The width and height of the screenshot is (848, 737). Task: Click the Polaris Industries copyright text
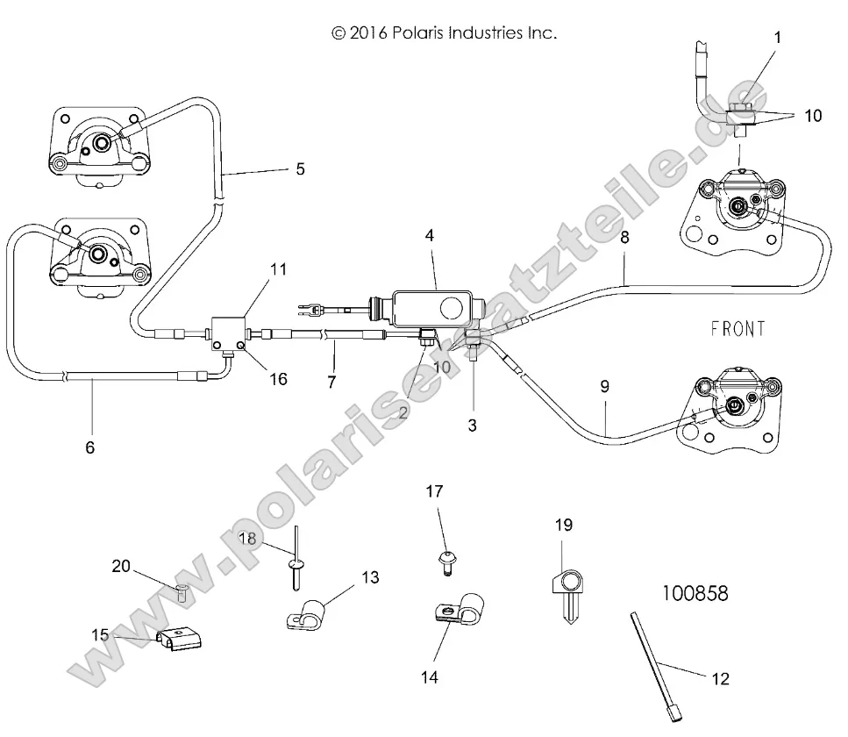(444, 34)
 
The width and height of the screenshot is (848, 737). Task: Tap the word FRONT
(737, 329)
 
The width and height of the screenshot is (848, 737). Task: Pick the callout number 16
(278, 379)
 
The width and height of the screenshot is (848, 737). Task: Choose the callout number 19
(563, 526)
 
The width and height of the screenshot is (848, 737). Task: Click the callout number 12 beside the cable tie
(720, 678)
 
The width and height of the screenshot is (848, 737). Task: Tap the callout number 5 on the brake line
(300, 168)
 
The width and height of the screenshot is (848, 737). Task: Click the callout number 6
(89, 447)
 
